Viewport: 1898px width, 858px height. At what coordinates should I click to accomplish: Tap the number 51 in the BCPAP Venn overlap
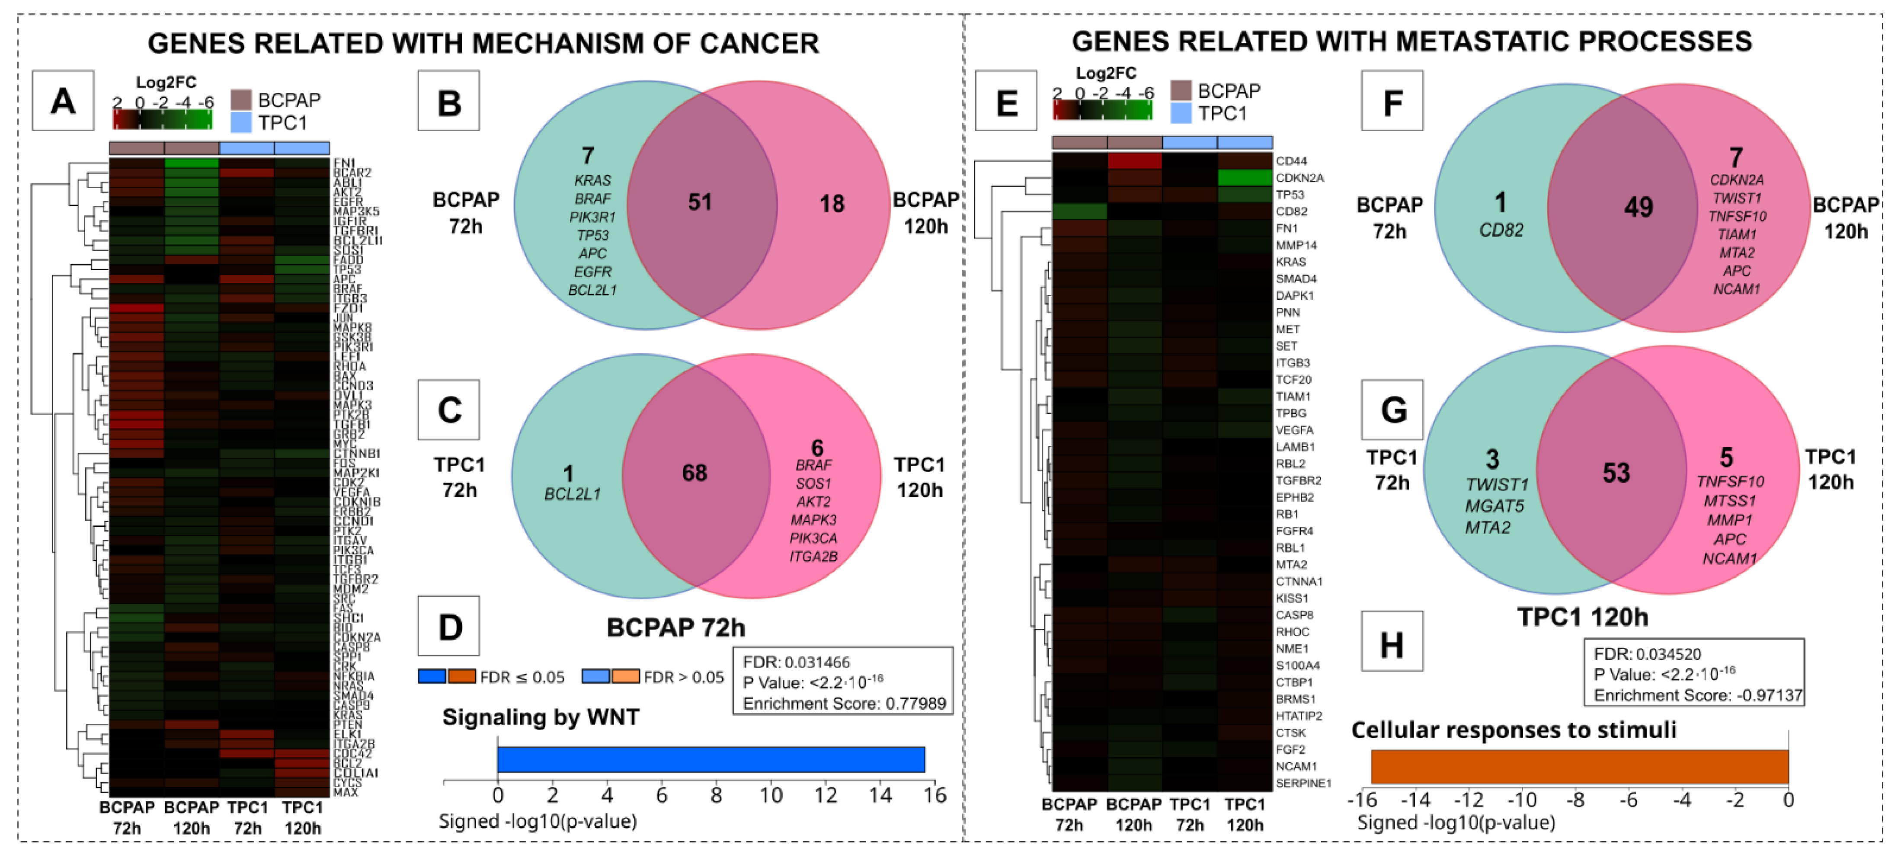[699, 202]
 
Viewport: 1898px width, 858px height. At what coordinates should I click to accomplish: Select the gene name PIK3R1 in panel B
[592, 217]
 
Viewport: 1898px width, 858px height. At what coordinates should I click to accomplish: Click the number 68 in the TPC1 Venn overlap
[694, 473]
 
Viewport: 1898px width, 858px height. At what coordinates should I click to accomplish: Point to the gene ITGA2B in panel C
[813, 557]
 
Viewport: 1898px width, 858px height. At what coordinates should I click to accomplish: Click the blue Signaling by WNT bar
[711, 759]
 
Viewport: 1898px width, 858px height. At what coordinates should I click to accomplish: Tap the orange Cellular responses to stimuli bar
[1579, 767]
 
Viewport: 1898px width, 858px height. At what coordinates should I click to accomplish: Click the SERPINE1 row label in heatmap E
[1303, 783]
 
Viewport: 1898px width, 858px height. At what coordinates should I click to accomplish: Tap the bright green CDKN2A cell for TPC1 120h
[1245, 178]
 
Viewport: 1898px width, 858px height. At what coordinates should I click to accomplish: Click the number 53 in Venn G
[1616, 473]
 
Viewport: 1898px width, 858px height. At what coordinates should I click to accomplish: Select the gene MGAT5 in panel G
[1494, 506]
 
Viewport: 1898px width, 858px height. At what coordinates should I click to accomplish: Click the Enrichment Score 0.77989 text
[844, 703]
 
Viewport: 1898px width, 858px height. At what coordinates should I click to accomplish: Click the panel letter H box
[1391, 641]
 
